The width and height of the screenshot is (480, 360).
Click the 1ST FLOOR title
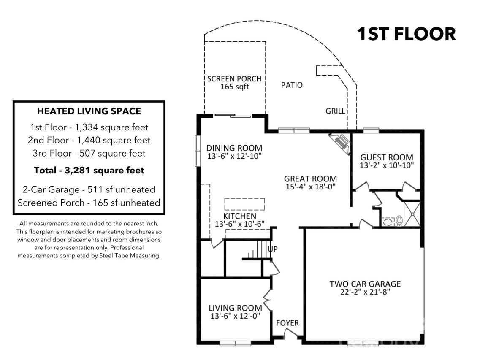tap(406, 34)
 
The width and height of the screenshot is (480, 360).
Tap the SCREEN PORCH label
tap(234, 79)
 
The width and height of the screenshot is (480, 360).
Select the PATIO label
tap(292, 85)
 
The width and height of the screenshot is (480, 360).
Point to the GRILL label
tap(335, 111)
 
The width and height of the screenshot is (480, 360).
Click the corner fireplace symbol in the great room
tap(340, 143)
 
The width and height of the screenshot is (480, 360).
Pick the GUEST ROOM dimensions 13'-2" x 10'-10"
tap(387, 165)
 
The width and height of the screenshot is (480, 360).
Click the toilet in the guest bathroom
tap(399, 221)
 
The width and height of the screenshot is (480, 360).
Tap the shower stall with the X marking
tap(412, 214)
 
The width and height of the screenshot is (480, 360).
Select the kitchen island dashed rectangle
tap(244, 204)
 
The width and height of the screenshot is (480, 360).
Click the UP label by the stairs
tap(273, 249)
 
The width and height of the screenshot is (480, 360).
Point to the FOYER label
tap(287, 323)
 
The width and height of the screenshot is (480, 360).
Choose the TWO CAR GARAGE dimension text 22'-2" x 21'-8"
tap(365, 292)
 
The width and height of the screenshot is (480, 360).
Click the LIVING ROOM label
tap(235, 308)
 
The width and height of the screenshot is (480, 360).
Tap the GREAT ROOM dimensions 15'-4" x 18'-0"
tap(310, 187)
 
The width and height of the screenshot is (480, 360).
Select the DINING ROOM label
tap(234, 148)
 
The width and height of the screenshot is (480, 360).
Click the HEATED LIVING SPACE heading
tap(89, 111)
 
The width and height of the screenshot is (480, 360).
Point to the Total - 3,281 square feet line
tap(89, 170)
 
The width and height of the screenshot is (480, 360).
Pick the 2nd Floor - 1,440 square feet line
tap(89, 140)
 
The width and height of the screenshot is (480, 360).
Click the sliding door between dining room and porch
tap(233, 116)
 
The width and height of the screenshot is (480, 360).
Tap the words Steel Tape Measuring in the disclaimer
tap(130, 256)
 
